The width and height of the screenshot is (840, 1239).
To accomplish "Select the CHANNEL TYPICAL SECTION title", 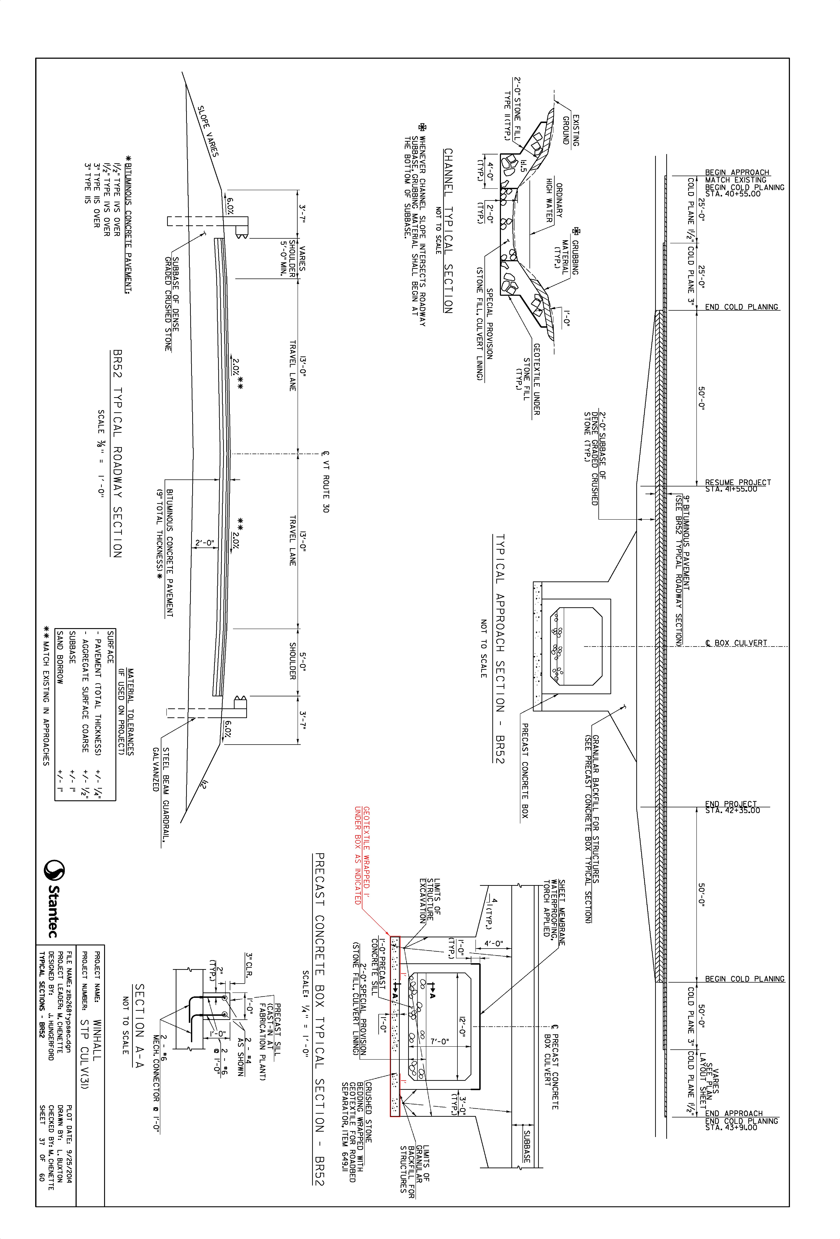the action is tap(448, 231).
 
